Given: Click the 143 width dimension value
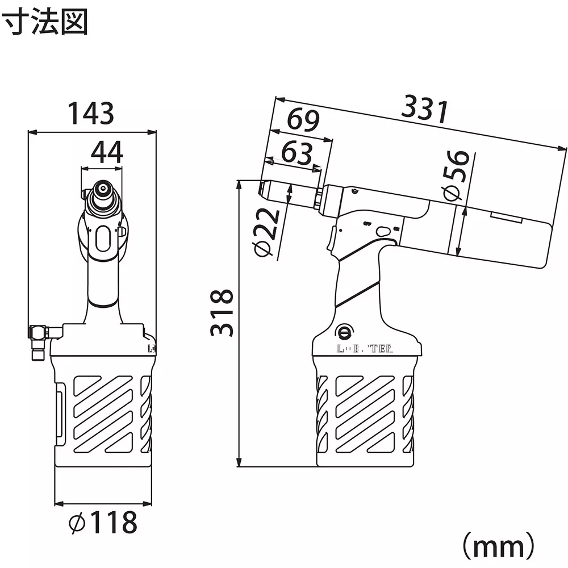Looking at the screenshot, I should [x=91, y=114].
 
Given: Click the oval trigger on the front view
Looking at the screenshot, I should [x=103, y=240].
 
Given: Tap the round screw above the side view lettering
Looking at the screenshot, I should [x=344, y=330].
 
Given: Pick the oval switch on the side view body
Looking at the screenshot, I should [x=384, y=231].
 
